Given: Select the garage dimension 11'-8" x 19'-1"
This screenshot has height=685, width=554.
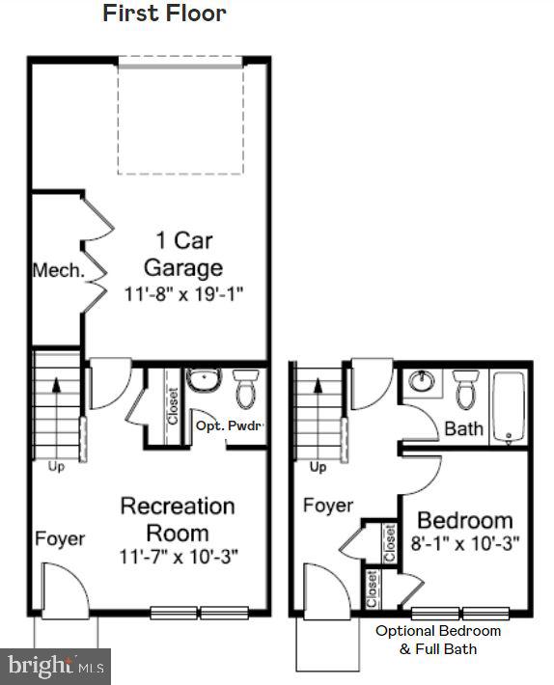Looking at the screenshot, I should coord(182,292).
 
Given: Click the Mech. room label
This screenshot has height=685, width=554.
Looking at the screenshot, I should coord(58,270).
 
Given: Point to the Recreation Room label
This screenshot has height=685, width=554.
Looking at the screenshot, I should coord(177,519).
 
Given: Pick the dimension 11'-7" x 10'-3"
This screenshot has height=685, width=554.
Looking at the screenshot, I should coord(179,557).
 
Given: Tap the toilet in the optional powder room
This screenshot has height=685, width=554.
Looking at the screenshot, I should coord(245,389).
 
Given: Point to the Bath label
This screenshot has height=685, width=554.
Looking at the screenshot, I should coord(463,428).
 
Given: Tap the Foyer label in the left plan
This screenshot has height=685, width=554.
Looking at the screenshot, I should coord(61,538).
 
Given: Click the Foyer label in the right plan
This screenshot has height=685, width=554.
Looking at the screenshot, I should coord(328,506).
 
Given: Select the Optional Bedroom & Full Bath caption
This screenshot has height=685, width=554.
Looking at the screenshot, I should coord(438,640).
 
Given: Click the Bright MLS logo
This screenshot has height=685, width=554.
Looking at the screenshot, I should coord(55,666).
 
